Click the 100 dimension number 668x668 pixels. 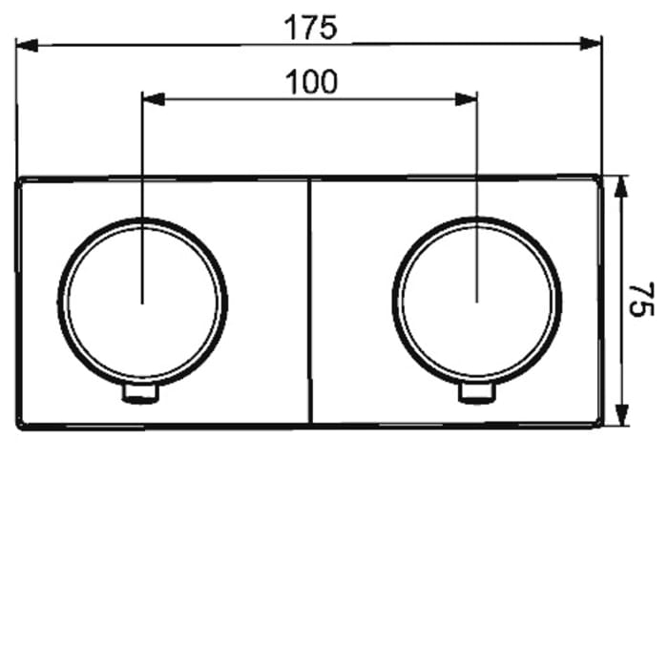tap(311, 83)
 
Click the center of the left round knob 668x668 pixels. tap(143, 303)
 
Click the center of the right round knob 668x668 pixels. tap(476, 303)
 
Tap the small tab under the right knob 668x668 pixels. tap(476, 394)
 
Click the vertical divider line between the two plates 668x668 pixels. tap(310, 302)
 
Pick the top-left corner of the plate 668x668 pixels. tap(20, 179)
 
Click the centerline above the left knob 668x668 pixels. tap(142, 153)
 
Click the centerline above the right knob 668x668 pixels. tap(476, 153)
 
